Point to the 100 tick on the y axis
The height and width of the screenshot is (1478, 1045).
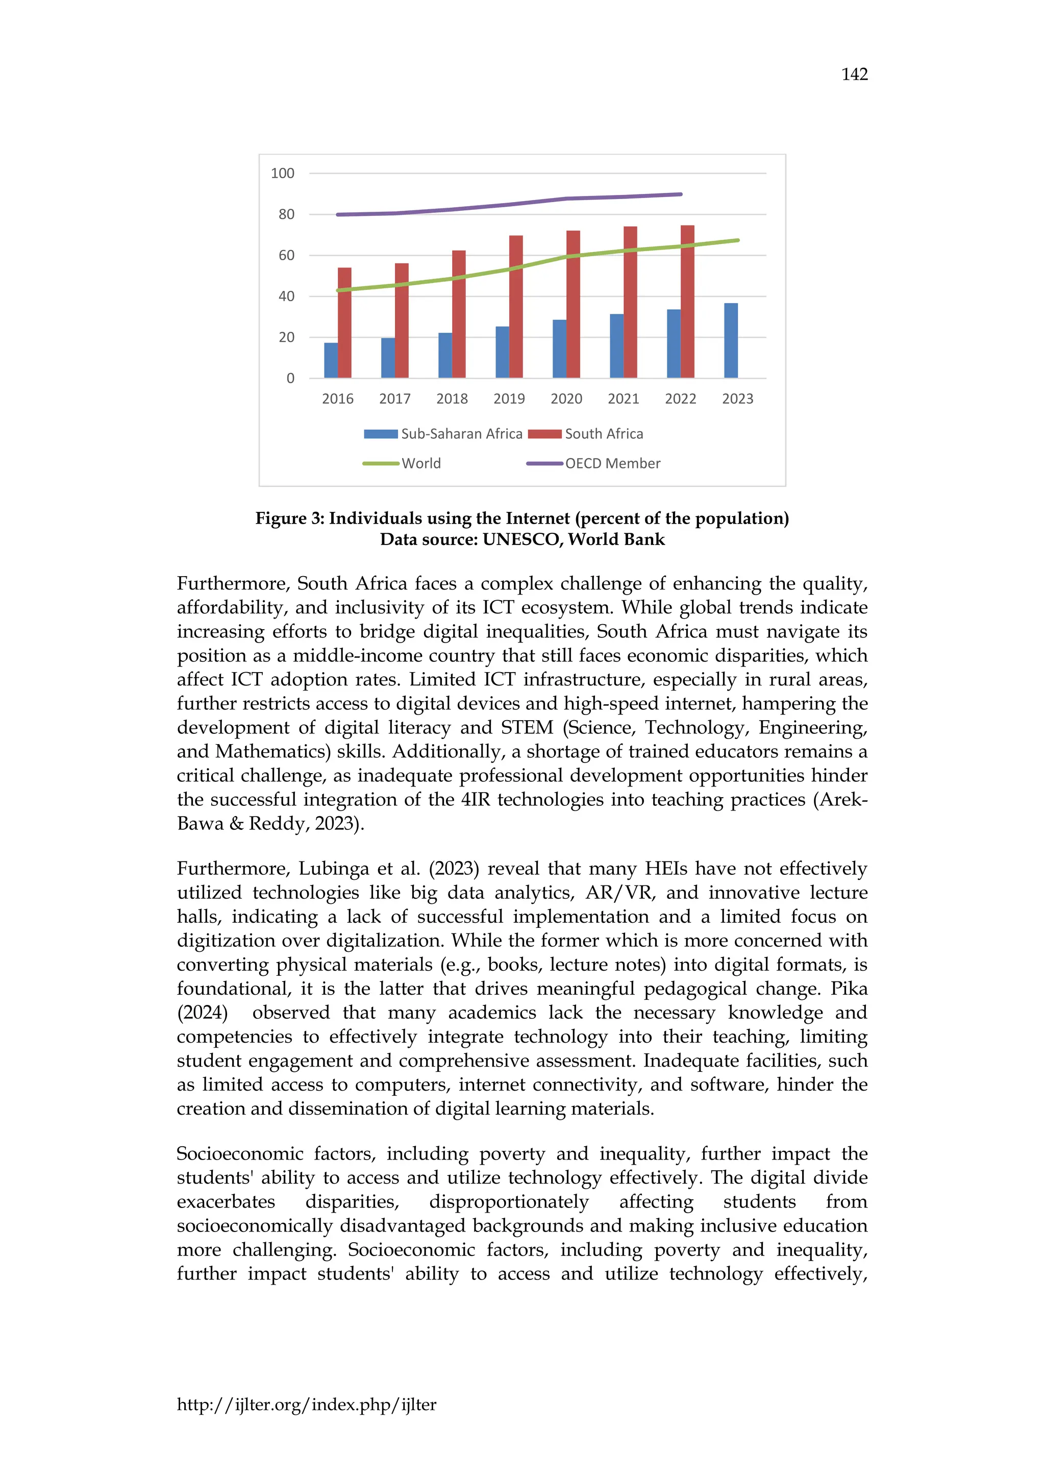[x=283, y=173]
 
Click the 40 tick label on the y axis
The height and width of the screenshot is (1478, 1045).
[x=286, y=296]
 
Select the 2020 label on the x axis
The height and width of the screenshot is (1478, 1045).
[x=566, y=399]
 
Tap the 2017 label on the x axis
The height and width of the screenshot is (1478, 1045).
[x=394, y=399]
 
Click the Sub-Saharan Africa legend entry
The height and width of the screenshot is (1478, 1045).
[x=443, y=434]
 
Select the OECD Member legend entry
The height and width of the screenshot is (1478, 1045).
[x=593, y=463]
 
